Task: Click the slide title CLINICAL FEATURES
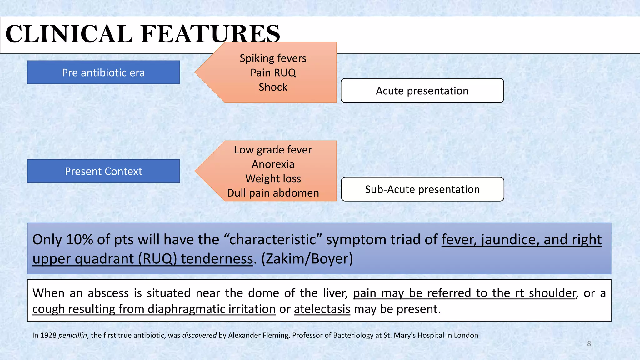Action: [142, 34]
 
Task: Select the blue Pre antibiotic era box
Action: [103, 72]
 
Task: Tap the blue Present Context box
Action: [103, 171]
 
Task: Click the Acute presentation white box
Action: [422, 91]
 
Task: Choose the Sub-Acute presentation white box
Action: [422, 189]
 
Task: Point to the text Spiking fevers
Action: [273, 58]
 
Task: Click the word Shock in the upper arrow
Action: [273, 87]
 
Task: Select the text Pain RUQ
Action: [273, 72]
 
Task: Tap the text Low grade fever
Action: [273, 150]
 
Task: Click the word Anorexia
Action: [273, 164]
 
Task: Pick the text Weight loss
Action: [273, 178]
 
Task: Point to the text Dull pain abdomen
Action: [273, 193]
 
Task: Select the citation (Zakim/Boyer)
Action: [307, 259]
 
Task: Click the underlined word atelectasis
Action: [322, 309]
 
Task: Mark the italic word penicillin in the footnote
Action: [72, 335]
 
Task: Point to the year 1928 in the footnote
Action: [48, 335]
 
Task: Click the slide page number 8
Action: [589, 344]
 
